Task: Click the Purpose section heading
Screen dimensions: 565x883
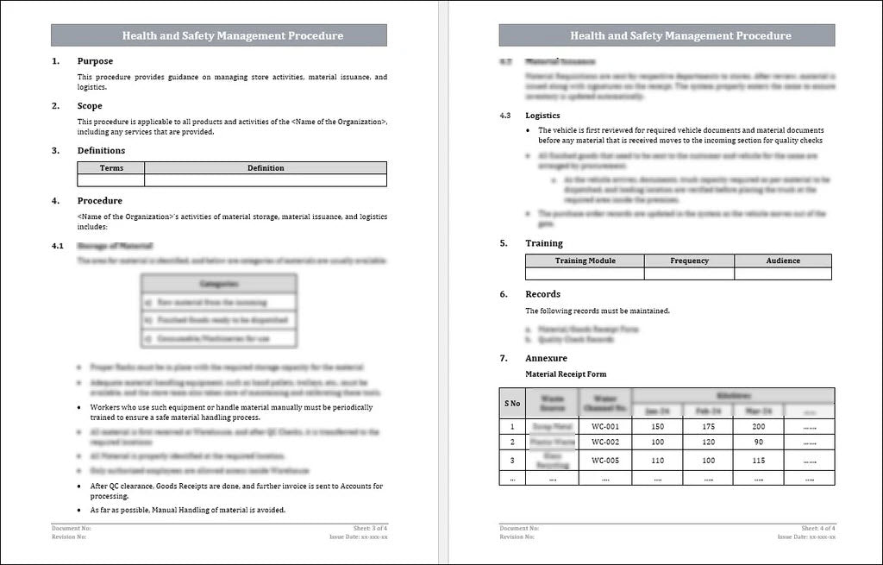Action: [95, 61]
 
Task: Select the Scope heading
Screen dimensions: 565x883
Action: [90, 106]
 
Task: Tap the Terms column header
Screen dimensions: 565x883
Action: [111, 168]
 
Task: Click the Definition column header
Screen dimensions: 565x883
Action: [265, 168]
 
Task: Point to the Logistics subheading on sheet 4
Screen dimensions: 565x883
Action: [542, 115]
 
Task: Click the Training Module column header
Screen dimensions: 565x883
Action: [585, 261]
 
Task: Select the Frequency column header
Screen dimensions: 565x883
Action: [689, 261]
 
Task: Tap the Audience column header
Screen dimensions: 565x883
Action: [783, 261]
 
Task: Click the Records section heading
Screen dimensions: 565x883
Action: [542, 294]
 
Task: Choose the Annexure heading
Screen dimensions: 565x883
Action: [546, 358]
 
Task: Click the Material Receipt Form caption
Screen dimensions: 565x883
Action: [566, 374]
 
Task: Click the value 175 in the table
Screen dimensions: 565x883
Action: [708, 427]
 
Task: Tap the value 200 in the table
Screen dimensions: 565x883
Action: [758, 427]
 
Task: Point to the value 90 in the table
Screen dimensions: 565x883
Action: [758, 443]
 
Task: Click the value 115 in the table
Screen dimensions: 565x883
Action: [758, 461]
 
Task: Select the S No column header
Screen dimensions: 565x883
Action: [512, 403]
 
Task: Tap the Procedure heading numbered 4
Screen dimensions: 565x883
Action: [100, 201]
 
